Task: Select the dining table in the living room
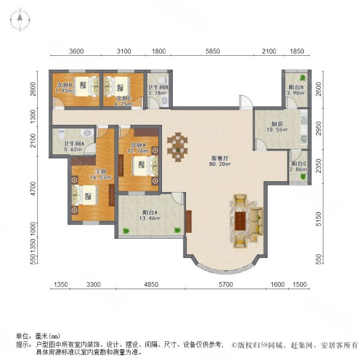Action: point(178,148)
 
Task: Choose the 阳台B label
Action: point(295,85)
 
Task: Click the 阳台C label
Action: point(299,164)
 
